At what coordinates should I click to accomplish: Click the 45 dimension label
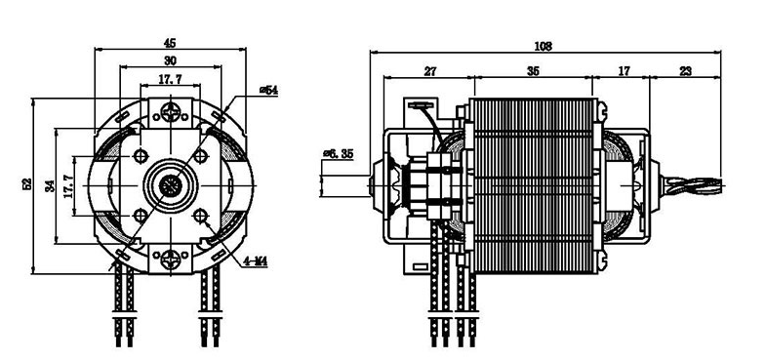click(170, 44)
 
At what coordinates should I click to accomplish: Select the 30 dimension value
click(170, 61)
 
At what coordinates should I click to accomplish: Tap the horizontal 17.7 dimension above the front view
click(170, 79)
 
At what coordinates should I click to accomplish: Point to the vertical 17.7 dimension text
click(68, 186)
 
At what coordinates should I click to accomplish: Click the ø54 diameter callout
click(268, 90)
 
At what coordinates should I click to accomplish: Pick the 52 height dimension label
click(27, 184)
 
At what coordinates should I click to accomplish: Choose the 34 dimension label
click(50, 186)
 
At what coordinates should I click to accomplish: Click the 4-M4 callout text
click(256, 261)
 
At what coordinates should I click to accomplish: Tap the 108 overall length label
click(543, 47)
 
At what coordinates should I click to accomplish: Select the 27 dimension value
click(430, 71)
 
